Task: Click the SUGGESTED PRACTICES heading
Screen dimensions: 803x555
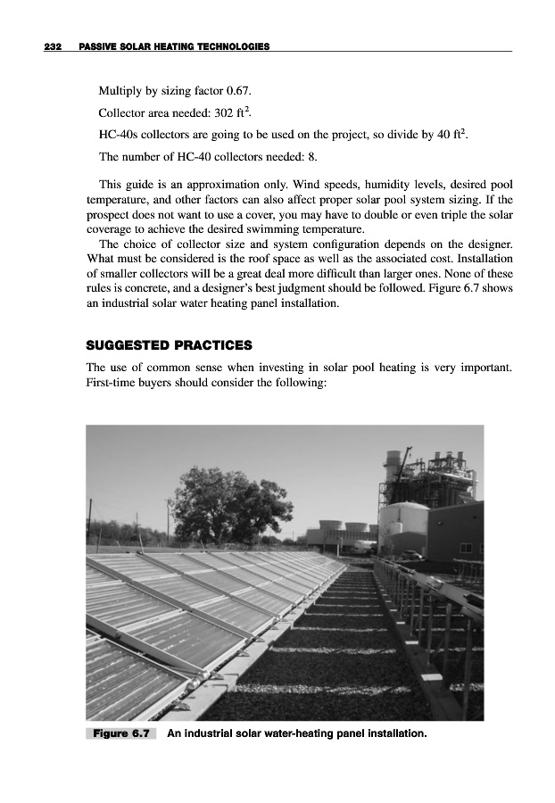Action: (x=169, y=344)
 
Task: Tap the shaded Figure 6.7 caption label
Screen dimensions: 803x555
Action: (x=120, y=734)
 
